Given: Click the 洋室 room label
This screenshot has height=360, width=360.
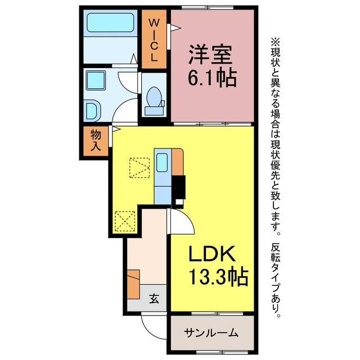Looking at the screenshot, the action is pos(210,55).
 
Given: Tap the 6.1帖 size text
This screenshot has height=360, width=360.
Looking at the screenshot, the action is pos(213,78).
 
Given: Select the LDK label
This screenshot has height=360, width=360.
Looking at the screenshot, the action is pos(212,254).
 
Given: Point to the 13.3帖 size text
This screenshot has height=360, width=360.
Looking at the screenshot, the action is pos(218,276).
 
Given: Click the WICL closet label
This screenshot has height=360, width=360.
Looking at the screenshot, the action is pos(154,40).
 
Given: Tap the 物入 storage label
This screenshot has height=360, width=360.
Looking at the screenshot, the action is pos(96,140).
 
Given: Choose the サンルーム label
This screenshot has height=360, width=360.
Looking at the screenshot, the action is pos(211,332).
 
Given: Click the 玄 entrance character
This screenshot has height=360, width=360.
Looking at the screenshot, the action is pos(154,299).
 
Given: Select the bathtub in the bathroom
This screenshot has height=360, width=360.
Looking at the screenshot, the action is pos(110,22).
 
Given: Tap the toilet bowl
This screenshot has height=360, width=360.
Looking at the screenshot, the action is pos(154,97).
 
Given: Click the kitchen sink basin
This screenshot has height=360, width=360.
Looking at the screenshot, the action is pos(162,163).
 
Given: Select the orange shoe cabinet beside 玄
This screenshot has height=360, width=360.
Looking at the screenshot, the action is pos(133,284).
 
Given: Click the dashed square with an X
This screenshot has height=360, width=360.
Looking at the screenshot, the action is pos(125,221).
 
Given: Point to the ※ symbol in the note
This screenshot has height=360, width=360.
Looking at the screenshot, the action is pos(276,42).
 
